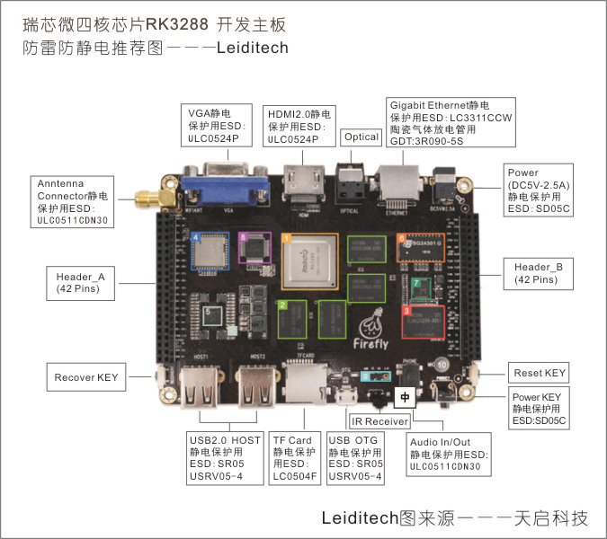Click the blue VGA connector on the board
(228, 188)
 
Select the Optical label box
(362, 137)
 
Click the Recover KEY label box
(87, 377)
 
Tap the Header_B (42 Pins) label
(538, 273)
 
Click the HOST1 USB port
(198, 384)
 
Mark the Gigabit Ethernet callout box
(449, 123)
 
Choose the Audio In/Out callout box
(449, 455)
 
